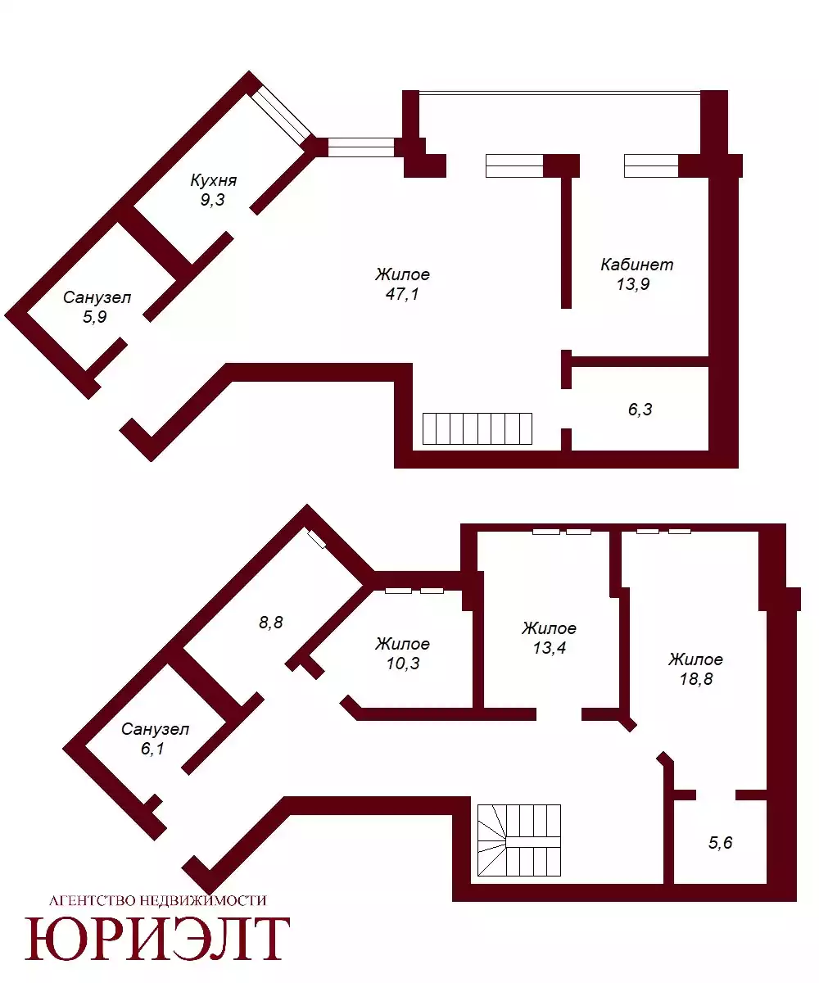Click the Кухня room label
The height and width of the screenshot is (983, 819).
coord(213,180)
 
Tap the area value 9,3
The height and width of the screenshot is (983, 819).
coord(213,200)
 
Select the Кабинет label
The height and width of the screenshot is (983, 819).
coord(637,265)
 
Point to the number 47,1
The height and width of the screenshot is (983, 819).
coord(402,294)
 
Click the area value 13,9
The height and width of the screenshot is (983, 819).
coord(633,284)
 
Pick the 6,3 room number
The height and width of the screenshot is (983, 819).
coord(640,409)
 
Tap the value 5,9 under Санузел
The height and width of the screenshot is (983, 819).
coord(95,317)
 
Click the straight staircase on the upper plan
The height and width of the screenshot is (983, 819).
coord(477,428)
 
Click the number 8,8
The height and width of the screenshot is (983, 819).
coord(270,623)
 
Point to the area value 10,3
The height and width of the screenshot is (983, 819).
coord(403,664)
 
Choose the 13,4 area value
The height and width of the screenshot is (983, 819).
coord(550,648)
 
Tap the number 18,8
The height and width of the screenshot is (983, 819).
coord(696,679)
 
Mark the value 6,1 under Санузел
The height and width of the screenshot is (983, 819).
coord(152,749)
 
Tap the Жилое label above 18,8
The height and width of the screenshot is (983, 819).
coord(695,659)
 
